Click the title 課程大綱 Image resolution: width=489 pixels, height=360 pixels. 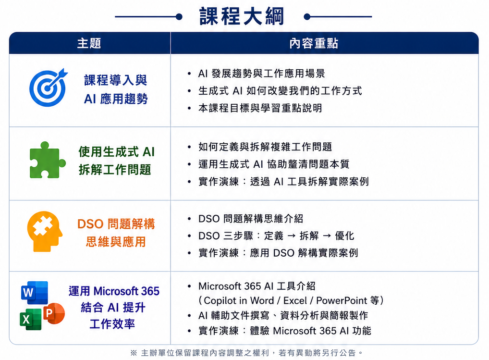(242, 16)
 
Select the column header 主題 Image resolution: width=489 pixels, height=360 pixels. (89, 43)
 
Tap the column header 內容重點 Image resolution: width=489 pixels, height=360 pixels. (313, 43)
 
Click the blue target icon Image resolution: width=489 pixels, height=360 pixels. (49, 87)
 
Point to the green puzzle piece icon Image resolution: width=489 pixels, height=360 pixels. (47, 160)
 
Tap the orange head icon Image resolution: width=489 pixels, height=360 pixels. (45, 231)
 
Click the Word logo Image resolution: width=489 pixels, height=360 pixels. (35, 292)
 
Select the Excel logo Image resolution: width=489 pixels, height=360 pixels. (31, 319)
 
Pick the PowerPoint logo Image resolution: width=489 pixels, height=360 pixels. (53, 313)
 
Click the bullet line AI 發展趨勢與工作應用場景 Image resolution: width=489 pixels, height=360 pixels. (261, 74)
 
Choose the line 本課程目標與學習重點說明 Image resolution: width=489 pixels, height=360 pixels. (260, 108)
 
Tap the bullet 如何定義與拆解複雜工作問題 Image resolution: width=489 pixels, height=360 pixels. (265, 147)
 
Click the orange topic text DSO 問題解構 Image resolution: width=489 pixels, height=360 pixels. (116, 224)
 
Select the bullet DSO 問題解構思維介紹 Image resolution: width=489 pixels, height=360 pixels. (251, 218)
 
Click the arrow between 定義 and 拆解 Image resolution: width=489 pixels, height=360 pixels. (291, 236)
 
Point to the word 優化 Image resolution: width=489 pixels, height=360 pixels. (344, 236)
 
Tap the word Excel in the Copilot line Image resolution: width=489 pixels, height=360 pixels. (295, 300)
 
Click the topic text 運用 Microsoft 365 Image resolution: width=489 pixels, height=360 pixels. (114, 291)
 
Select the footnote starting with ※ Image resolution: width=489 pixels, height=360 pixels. (247, 353)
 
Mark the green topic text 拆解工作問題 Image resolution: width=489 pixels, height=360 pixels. (115, 170)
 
